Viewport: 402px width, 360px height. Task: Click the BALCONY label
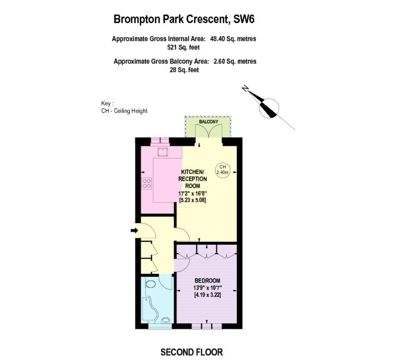pos(208,122)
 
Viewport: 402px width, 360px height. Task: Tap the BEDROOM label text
pos(207,281)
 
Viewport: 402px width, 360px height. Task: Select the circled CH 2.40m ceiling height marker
pos(222,170)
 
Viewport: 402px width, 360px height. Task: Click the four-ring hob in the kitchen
pos(147,183)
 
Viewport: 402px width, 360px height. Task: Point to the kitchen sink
pos(163,153)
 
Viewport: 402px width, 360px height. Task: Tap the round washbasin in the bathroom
pos(165,320)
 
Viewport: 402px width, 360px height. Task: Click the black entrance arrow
pos(134,231)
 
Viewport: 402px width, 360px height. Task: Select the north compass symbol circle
pos(269,108)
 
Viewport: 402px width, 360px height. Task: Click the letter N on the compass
pos(245,89)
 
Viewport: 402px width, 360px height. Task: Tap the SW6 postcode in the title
pos(244,19)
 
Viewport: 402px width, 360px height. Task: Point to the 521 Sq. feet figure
pos(183,47)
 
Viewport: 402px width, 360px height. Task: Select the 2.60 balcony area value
pos(220,61)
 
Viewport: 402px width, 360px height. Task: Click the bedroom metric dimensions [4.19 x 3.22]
pos(208,295)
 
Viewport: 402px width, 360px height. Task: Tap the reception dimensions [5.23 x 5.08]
pos(192,200)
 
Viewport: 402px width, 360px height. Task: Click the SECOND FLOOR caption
pos(192,352)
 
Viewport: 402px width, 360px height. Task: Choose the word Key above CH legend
pos(106,104)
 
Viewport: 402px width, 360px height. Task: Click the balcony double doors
pos(208,131)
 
